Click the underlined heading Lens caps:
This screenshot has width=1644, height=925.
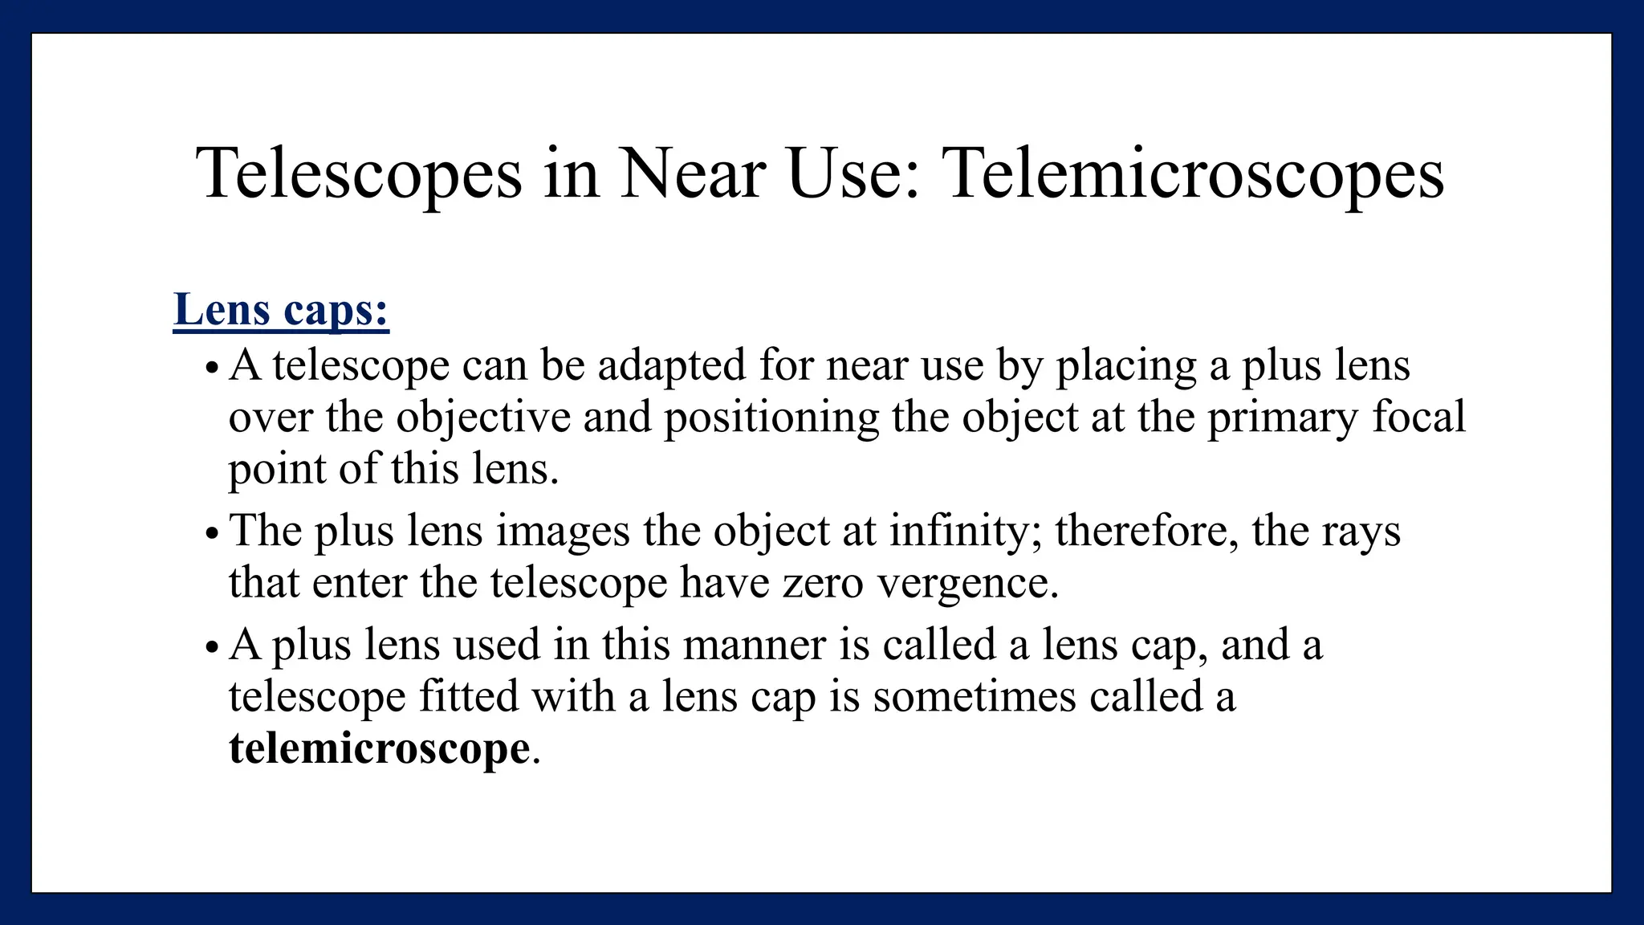coord(281,309)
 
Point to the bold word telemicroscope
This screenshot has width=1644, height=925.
coord(379,748)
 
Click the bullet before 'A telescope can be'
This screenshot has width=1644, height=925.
coord(211,369)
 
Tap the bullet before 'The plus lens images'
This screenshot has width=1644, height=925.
coord(211,534)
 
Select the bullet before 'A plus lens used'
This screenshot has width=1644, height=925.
coord(211,647)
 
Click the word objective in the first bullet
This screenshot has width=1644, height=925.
coord(483,418)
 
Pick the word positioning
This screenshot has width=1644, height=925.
coord(771,418)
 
